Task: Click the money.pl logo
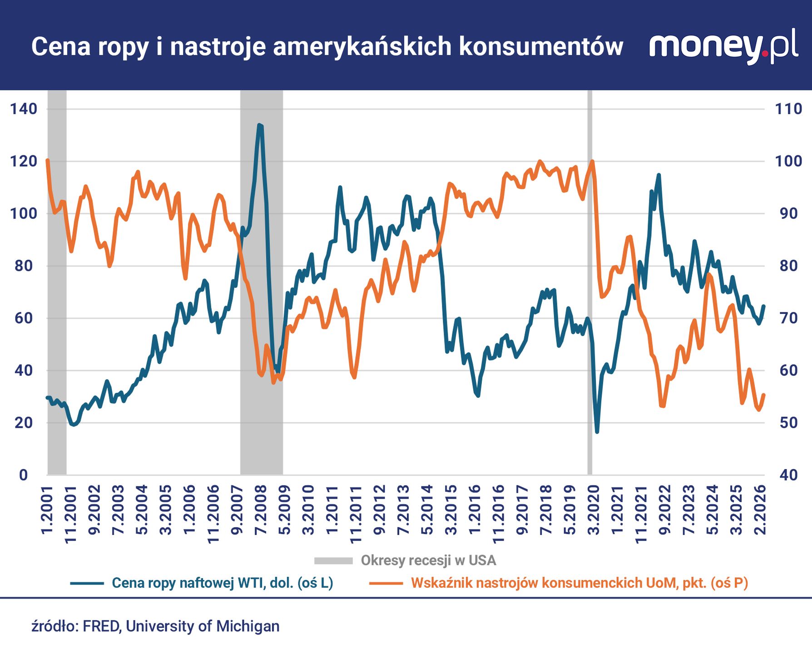723,45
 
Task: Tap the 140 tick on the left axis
23,109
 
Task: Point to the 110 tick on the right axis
788,109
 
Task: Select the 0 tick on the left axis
23,475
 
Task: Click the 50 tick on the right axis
788,423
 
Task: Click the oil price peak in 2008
259,125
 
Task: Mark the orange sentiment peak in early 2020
592,161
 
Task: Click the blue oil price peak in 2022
659,175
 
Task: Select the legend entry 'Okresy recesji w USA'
428,560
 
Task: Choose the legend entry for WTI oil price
222,583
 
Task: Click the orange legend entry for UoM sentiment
579,583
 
